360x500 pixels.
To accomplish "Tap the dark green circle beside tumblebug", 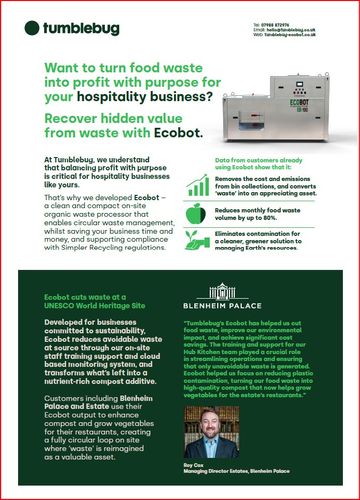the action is [x=31, y=29].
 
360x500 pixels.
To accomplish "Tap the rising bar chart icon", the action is [x=198, y=184].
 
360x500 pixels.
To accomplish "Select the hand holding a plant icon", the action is [x=197, y=239].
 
